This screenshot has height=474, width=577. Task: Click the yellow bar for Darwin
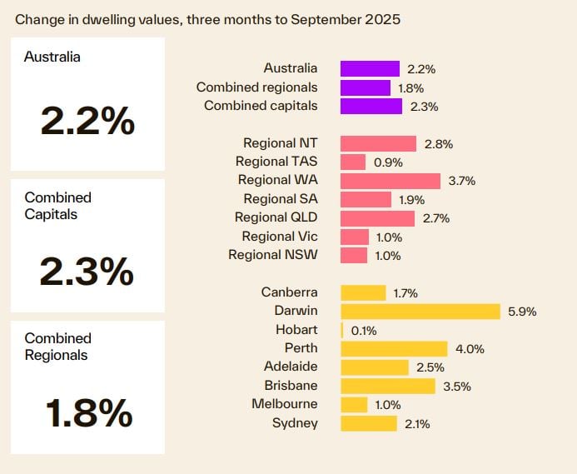(420, 312)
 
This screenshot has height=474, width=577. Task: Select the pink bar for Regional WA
(390, 181)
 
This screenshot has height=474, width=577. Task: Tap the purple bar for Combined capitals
(371, 107)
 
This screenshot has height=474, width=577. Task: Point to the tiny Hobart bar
(342, 330)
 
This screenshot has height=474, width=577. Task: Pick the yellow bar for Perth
(394, 349)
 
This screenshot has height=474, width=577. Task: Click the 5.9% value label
(522, 312)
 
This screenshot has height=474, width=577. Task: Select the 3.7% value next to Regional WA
(461, 181)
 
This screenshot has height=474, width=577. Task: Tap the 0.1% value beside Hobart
(364, 331)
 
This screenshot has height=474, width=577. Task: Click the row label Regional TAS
(276, 162)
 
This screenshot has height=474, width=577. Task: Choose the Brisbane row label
(291, 386)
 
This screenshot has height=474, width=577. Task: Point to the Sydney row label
(295, 423)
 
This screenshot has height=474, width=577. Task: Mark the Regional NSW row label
(273, 255)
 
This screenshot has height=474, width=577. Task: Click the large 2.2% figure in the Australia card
(87, 122)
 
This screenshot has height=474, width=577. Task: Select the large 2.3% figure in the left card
(87, 271)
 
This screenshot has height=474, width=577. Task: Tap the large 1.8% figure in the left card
(87, 412)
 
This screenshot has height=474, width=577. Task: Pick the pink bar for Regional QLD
(377, 218)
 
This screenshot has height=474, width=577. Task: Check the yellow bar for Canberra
(363, 293)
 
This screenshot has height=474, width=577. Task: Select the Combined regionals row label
(257, 87)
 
